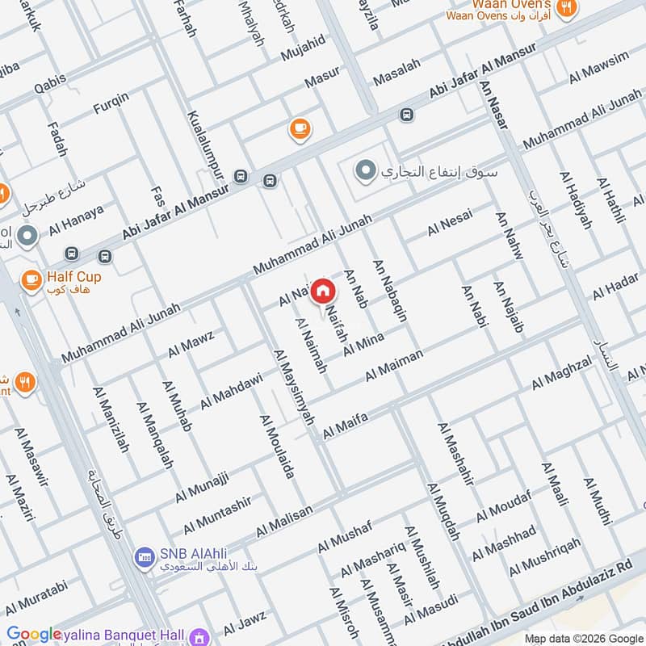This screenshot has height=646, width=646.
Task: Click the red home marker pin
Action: click(x=322, y=291)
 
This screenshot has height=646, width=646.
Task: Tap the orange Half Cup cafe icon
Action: click(x=31, y=279)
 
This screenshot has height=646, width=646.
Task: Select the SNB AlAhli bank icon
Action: click(x=145, y=556)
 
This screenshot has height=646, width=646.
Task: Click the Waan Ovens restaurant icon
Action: click(x=568, y=8)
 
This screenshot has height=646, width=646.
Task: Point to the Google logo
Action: click(x=33, y=635)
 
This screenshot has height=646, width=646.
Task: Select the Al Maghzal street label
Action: click(x=561, y=375)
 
